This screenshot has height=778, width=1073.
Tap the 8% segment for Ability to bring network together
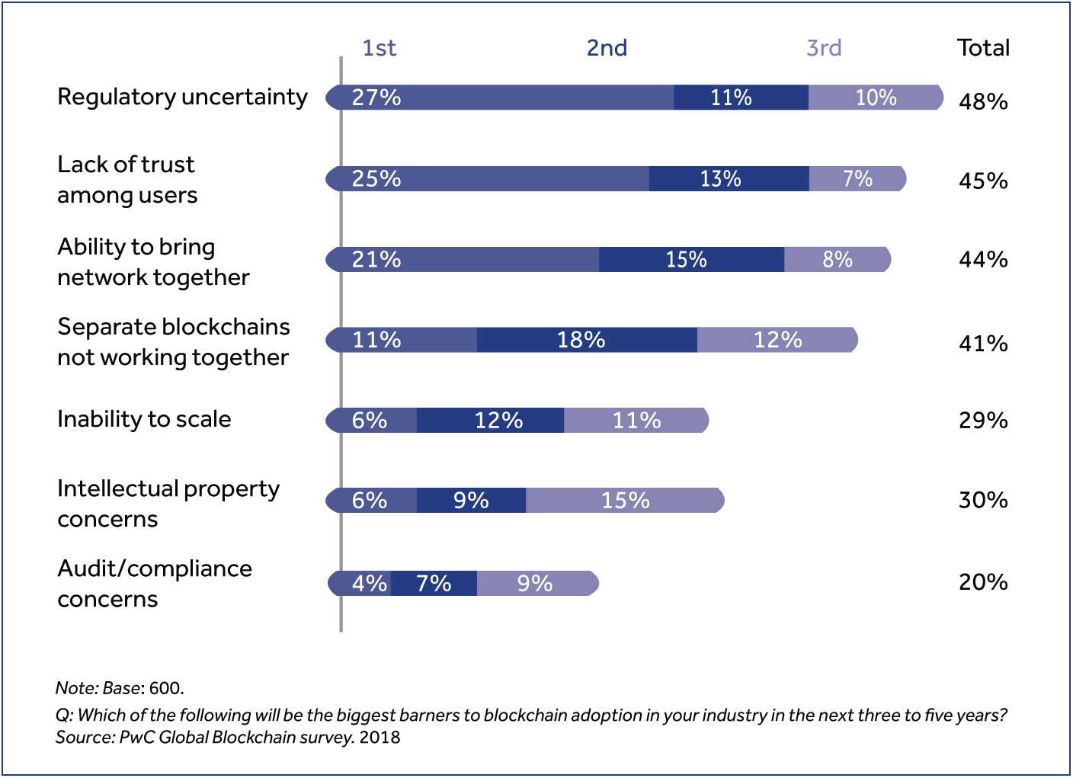[x=837, y=260]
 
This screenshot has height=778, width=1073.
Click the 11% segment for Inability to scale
[x=636, y=421]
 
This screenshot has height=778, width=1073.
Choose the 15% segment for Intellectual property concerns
[x=625, y=501]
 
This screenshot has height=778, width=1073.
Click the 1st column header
[x=379, y=48]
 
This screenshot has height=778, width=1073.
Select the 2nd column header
[x=607, y=48]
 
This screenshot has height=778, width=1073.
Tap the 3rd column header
[x=824, y=48]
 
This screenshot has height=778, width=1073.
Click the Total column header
[x=983, y=48]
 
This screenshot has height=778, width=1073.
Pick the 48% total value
[x=983, y=102]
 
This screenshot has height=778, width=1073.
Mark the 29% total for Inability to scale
[x=983, y=421]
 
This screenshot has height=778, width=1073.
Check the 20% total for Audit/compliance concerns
[x=983, y=583]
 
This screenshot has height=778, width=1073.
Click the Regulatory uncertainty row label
[x=182, y=98]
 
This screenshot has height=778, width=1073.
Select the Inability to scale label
[x=144, y=420]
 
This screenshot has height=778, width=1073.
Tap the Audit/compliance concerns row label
[x=155, y=584]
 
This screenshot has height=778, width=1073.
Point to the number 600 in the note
[x=165, y=688]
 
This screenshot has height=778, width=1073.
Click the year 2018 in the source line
[x=380, y=738]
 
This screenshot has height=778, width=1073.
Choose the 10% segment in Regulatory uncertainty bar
[x=875, y=98]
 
